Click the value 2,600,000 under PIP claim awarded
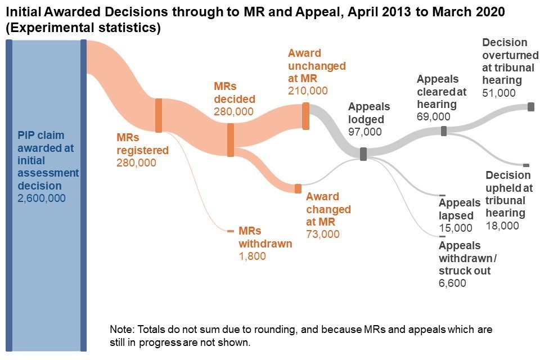tap(42, 198)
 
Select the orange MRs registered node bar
tap(159, 115)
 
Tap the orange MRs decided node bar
tap(230, 140)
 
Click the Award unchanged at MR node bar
tap(305, 116)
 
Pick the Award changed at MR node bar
tap(298, 188)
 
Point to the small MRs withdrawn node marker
tap(230, 231)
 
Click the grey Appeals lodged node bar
tap(363, 154)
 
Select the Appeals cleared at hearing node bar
tap(444, 131)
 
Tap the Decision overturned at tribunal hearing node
tap(530, 107)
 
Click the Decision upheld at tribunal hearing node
tap(526, 165)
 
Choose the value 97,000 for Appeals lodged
tap(365, 132)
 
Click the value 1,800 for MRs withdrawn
tap(252, 256)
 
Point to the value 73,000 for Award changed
tap(323, 234)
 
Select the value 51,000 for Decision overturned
tap(499, 93)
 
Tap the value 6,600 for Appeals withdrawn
tap(452, 283)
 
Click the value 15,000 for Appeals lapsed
tap(456, 228)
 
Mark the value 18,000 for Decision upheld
tap(502, 226)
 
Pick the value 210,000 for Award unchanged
tap(308, 91)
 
